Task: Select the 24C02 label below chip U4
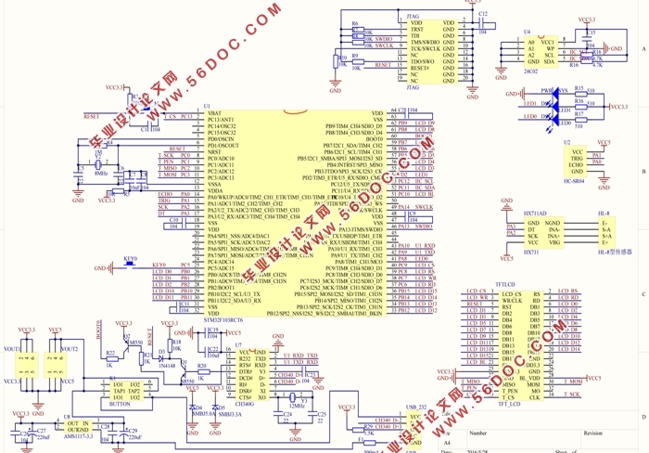coord(531,71)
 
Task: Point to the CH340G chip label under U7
coord(246,404)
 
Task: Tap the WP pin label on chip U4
coord(551,48)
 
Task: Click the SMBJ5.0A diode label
coord(197,414)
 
